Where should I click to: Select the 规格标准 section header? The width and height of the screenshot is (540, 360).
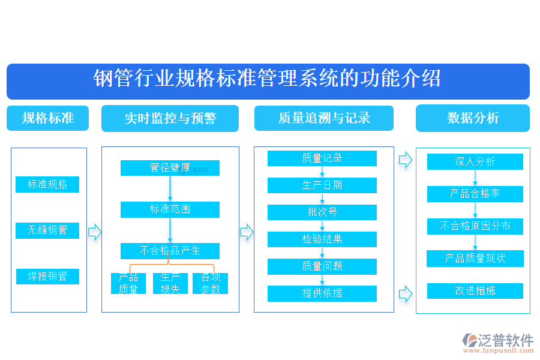47,118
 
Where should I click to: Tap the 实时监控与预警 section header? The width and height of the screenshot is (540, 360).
170,118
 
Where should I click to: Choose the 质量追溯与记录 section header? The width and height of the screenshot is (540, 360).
324,118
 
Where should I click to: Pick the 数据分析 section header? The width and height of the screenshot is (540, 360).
473,118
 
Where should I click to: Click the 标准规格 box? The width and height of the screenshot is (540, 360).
47,185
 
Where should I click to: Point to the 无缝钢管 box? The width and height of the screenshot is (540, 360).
47,230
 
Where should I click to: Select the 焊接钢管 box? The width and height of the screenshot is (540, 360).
47,277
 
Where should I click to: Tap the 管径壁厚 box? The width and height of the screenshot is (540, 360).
170,168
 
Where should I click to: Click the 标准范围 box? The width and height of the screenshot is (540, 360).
170,209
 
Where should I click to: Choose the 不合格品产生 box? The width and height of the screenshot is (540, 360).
170,251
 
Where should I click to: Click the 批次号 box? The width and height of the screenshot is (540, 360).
322,212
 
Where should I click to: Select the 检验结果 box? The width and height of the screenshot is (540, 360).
322,239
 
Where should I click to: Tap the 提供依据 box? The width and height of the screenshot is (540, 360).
322,293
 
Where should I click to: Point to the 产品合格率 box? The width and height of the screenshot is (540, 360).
475,194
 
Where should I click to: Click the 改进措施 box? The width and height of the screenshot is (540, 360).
475,291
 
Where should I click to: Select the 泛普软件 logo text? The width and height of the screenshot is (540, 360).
505,341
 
